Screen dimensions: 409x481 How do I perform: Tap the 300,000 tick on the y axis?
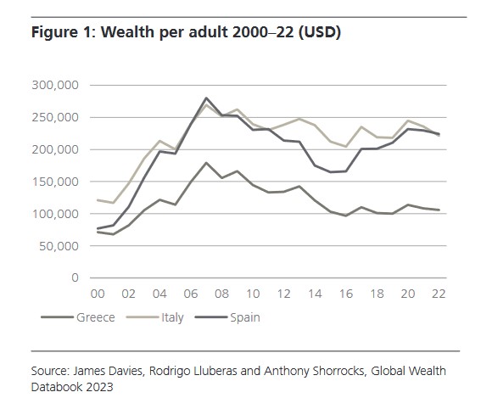(x=54, y=86)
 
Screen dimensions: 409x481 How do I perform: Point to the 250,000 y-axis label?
(x=54, y=118)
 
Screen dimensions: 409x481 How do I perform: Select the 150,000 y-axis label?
(x=54, y=182)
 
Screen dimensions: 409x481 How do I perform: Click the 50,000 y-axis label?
(x=58, y=246)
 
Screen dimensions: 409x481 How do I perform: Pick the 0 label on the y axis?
(x=75, y=278)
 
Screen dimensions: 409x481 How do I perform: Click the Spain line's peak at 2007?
(x=206, y=98)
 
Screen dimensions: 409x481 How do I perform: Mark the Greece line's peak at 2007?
(x=206, y=163)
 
